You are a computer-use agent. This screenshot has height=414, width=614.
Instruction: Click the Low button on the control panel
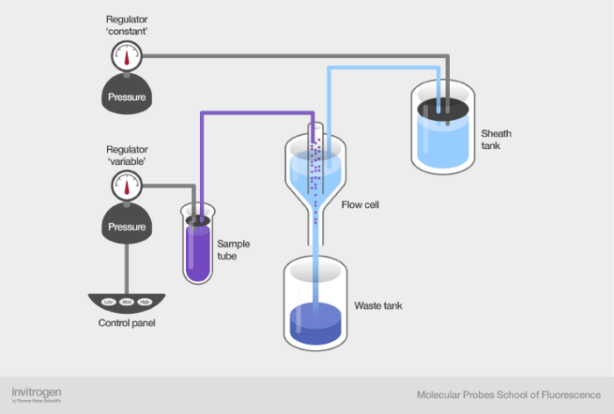[109, 303]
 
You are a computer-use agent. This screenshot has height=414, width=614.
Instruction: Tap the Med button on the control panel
[127, 303]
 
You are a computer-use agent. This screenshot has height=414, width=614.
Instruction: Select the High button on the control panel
[146, 303]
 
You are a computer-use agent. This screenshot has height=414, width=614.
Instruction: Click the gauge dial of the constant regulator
[126, 57]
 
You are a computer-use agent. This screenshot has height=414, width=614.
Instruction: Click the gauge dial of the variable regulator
[127, 185]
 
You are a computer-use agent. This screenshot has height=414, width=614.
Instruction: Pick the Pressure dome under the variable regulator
[127, 224]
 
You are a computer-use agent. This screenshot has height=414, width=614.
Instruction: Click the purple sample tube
[198, 250]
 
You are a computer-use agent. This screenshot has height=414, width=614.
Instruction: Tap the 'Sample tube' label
[232, 250]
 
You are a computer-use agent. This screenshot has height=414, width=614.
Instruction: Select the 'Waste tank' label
[378, 306]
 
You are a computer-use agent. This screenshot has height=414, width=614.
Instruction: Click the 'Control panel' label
[127, 324]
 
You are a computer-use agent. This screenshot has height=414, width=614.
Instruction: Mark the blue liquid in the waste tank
[316, 323]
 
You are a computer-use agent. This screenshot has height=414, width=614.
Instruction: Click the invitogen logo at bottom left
[36, 393]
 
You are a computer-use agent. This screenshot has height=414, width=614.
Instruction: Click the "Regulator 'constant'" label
[126, 25]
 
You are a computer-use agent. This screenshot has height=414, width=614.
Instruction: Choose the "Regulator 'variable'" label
[127, 155]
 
